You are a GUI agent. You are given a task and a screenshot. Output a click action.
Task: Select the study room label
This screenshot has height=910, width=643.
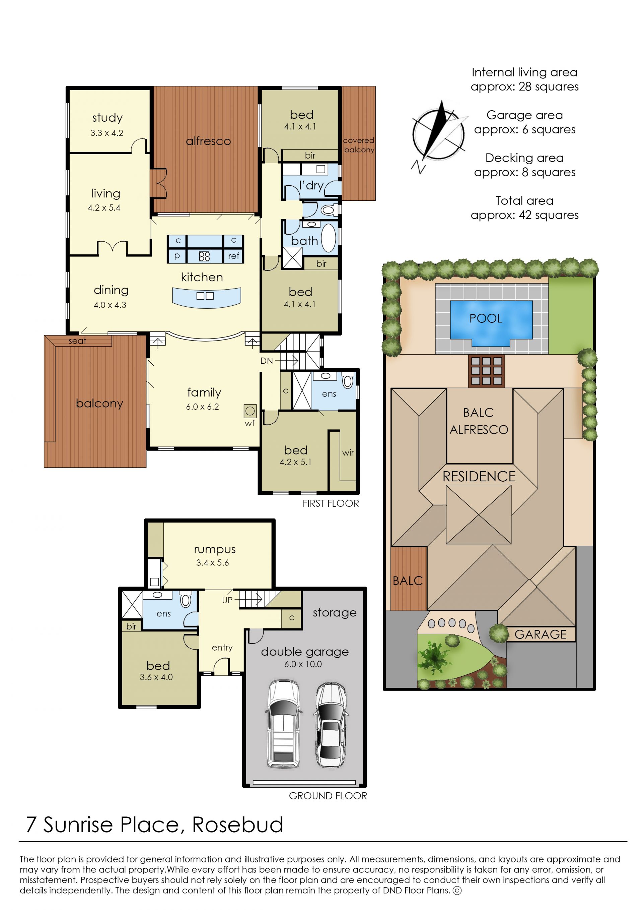pyautogui.click(x=107, y=118)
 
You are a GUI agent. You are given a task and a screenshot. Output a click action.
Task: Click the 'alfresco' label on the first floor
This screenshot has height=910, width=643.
pyautogui.click(x=208, y=141)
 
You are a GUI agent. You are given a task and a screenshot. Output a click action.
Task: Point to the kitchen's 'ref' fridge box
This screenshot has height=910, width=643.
pyautogui.click(x=234, y=256)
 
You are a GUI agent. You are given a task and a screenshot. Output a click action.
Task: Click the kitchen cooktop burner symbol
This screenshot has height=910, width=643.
pyautogui.click(x=204, y=256)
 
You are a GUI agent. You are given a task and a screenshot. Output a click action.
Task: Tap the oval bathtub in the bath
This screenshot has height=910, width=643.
pyautogui.click(x=328, y=238)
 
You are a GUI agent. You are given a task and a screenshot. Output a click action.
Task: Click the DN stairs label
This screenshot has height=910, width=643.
pyautogui.click(x=267, y=361)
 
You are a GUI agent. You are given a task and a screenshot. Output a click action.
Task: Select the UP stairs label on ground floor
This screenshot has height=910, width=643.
pyautogui.click(x=227, y=600)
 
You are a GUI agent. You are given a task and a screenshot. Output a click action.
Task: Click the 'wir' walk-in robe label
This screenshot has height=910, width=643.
pyautogui.click(x=348, y=452)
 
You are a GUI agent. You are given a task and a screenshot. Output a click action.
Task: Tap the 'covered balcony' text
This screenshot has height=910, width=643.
pyautogui.click(x=359, y=145)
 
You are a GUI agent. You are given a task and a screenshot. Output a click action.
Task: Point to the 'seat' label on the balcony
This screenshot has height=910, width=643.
pyautogui.click(x=77, y=341)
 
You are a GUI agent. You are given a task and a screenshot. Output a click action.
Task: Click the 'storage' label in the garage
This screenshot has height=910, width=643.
pyautogui.click(x=335, y=613)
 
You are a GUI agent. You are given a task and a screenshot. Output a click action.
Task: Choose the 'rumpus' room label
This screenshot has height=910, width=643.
pyautogui.click(x=215, y=550)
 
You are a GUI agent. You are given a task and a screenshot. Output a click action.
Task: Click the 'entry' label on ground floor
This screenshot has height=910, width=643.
pyautogui.click(x=222, y=648)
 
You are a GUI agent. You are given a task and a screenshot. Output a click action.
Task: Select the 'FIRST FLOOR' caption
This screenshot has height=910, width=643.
pyautogui.click(x=331, y=503)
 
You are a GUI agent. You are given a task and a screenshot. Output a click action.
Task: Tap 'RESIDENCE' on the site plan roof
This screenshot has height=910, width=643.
pyautogui.click(x=479, y=476)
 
